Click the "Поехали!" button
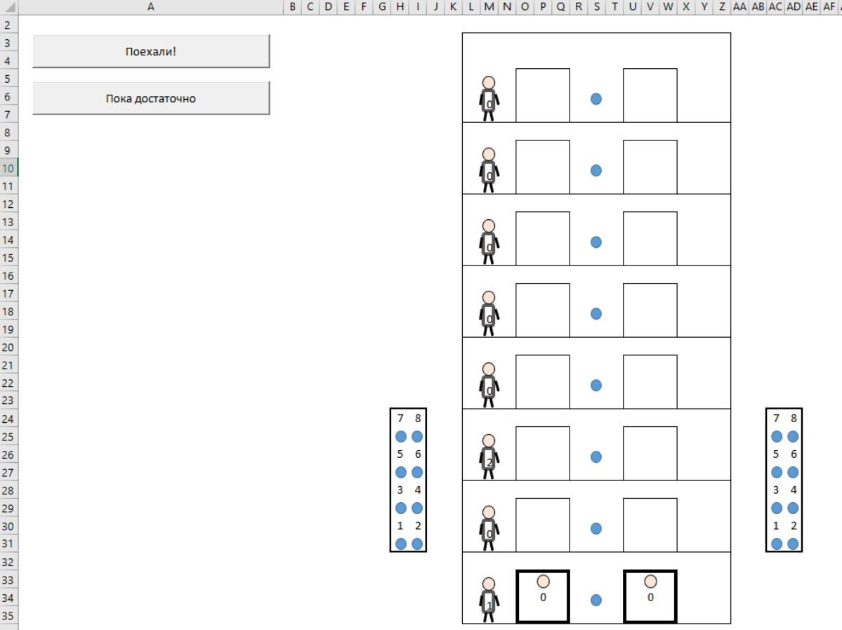coord(151,51)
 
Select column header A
coord(151,7)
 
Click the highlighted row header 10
coord(8,168)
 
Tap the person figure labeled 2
coord(489,457)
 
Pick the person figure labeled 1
coord(489,600)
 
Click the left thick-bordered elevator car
coord(543,596)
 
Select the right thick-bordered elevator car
coord(650,596)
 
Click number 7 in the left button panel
coord(400,419)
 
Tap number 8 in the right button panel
coord(794,419)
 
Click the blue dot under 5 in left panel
coord(400,473)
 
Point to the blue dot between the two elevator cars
coord(596,600)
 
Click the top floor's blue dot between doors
coord(596,99)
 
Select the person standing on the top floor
coord(489,98)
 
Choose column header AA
coord(739,7)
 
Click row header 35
coord(8,615)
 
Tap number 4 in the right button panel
coord(794,490)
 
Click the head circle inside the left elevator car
coord(543,581)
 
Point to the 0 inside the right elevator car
coord(650,597)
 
